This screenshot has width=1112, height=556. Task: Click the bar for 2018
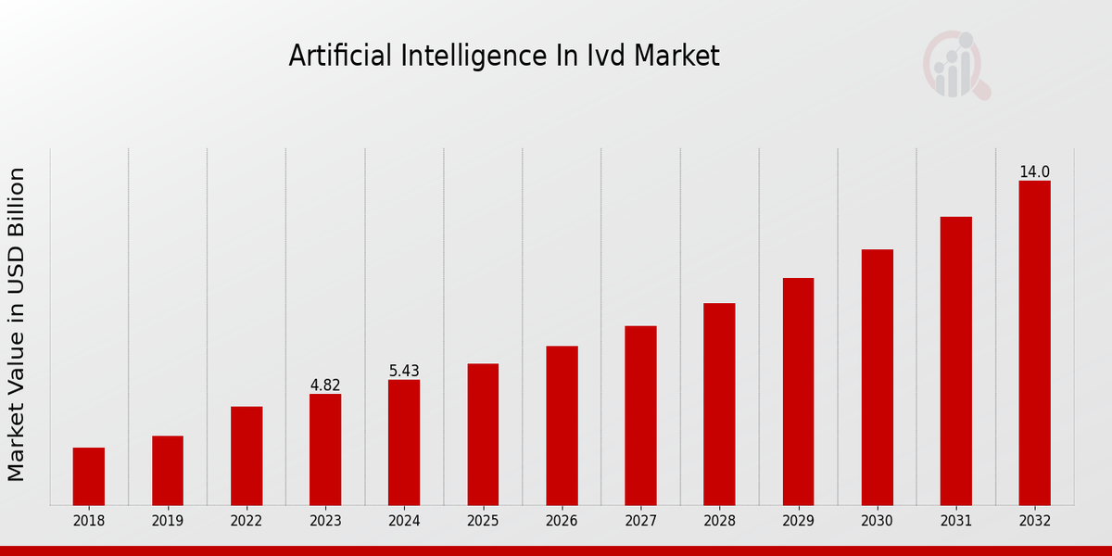tap(89, 476)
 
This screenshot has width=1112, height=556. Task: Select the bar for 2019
tap(168, 471)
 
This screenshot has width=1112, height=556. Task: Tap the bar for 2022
tap(246, 456)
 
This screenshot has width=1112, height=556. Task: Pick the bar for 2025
tap(483, 435)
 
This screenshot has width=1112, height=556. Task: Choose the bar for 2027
tap(640, 415)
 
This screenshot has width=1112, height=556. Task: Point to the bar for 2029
tap(798, 391)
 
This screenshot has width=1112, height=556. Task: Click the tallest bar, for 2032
tap(1034, 343)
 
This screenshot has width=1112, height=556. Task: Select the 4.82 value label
tap(325, 385)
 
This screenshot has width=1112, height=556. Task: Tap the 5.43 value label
tap(404, 371)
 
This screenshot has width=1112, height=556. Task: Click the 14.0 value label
tap(1034, 172)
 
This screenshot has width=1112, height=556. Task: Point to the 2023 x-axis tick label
tap(325, 521)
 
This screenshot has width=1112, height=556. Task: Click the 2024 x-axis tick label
tap(404, 521)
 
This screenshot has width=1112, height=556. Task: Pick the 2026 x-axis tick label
tap(562, 521)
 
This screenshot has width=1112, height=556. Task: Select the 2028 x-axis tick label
tap(719, 521)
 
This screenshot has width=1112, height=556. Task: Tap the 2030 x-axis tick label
tap(877, 521)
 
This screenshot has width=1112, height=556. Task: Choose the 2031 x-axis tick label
tap(955, 521)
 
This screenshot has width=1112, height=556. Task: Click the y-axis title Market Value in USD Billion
tap(17, 324)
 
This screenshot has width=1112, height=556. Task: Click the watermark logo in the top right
tap(955, 65)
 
